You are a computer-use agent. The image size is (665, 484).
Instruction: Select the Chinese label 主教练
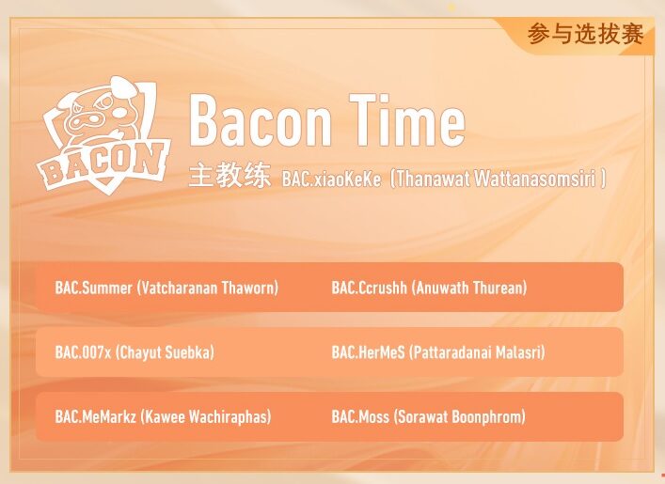tap(229, 177)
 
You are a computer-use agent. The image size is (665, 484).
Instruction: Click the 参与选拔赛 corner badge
tap(585, 35)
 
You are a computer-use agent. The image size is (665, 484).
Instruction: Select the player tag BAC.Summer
tap(93, 288)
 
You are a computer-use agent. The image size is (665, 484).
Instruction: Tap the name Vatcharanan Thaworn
tap(208, 288)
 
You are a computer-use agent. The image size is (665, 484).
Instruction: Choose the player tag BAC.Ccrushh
tap(369, 288)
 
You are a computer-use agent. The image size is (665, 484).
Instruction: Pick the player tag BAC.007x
tap(83, 352)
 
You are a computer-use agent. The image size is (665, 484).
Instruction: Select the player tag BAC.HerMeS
tap(369, 352)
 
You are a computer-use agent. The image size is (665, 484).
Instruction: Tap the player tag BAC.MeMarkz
tap(96, 416)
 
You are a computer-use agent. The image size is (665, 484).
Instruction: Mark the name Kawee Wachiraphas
tap(206, 416)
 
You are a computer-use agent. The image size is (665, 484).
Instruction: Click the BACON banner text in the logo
tap(103, 166)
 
